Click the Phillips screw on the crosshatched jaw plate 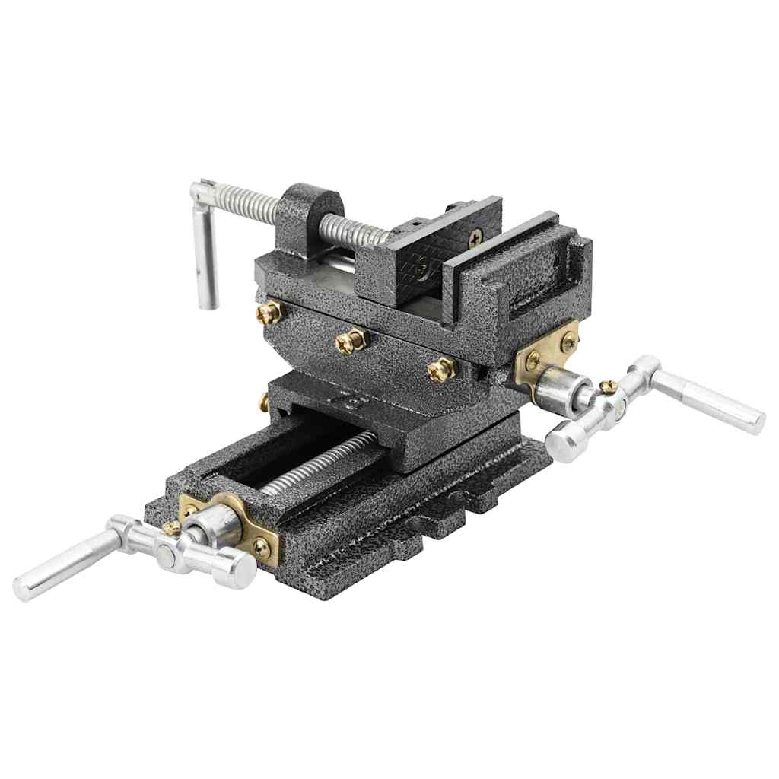coord(475,237)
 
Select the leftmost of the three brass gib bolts coord(268,312)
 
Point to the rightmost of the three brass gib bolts coord(441,370)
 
